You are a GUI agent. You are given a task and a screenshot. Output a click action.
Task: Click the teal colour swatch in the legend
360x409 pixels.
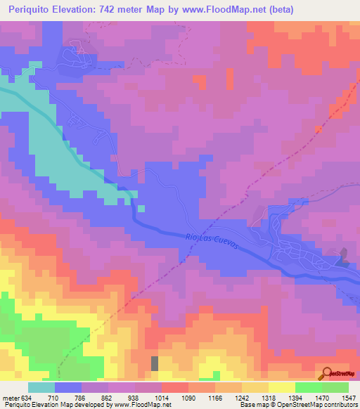tap(41, 387)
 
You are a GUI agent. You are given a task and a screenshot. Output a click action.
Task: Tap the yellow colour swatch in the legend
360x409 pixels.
tap(281, 387)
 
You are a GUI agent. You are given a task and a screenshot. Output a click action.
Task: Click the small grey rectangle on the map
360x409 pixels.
tap(155, 363)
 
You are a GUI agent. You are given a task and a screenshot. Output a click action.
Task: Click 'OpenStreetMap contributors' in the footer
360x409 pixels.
tap(323, 405)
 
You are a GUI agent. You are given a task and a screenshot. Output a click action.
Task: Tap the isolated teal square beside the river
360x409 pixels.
tap(141, 208)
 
